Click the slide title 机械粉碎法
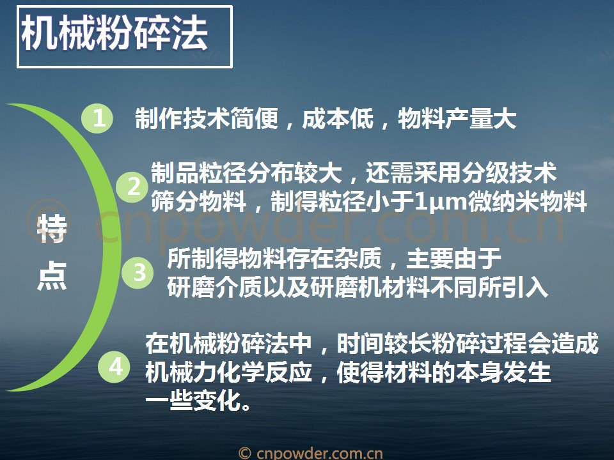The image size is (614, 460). click(x=114, y=34)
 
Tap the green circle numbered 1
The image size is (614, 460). click(x=97, y=118)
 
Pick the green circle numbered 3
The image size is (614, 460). click(x=138, y=273)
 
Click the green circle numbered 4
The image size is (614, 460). click(x=114, y=367)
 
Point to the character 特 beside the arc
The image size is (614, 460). click(x=52, y=229)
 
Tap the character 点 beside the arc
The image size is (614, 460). click(x=52, y=276)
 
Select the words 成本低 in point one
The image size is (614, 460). click(x=338, y=119)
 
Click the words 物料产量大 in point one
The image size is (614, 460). click(x=457, y=119)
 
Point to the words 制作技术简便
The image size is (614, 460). click(x=207, y=119)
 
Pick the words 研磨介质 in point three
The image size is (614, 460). click(x=215, y=287)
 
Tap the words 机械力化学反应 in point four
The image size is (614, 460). click(x=229, y=372)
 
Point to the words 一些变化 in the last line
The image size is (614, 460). click(x=193, y=400)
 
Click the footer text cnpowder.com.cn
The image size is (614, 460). click(x=319, y=454)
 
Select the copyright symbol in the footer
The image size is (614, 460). click(x=245, y=454)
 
